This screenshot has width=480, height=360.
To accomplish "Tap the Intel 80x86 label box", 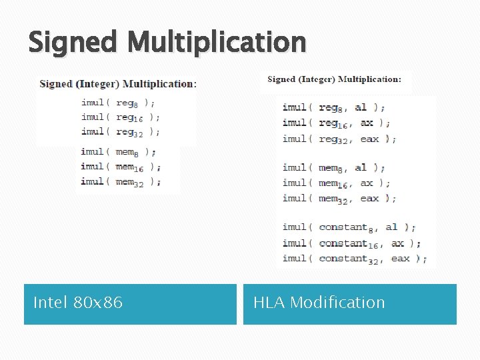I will [130, 304].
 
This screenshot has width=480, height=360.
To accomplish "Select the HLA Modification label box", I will [349, 304].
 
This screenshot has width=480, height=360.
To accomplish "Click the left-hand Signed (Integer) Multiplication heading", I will [118, 84].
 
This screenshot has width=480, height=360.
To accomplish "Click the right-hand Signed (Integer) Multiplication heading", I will [334, 79].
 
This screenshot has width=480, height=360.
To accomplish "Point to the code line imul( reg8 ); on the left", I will [119, 103].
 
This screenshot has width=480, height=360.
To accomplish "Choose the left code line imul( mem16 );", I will [121, 167].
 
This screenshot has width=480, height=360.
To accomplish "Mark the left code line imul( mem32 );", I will [121, 181].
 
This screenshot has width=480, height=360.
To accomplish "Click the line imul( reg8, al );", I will [333, 107].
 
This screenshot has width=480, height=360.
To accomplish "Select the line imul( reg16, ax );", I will [336, 123].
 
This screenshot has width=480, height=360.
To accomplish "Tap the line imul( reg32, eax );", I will [339, 139].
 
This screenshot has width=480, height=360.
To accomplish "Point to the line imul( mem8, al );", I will [333, 167].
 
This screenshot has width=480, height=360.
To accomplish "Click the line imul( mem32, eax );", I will [339, 198].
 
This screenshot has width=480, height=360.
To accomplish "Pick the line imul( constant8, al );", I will [349, 227].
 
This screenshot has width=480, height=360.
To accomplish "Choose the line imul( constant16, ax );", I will [351, 243].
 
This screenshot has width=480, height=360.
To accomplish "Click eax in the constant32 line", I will [401, 259].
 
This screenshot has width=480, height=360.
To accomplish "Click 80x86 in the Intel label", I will [99, 303].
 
